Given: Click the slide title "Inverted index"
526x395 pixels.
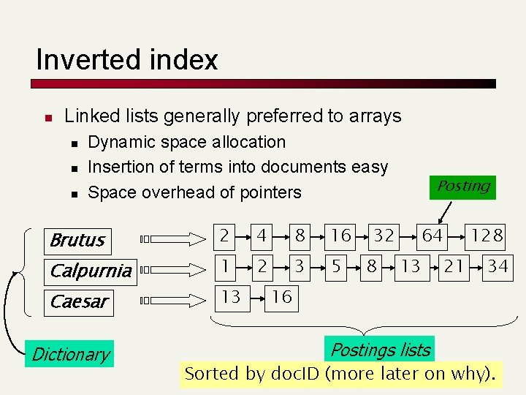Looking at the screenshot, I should click(x=126, y=59).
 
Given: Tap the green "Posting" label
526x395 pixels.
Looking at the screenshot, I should click(x=463, y=187).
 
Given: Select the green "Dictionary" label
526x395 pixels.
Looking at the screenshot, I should click(x=70, y=355).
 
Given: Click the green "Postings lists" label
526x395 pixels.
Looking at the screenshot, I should click(x=381, y=350).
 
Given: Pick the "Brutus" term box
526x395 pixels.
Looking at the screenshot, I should click(x=79, y=240).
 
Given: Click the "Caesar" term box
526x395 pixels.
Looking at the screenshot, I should click(x=79, y=301).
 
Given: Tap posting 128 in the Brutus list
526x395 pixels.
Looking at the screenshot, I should click(x=487, y=236).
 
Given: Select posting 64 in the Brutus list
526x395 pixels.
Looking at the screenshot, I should click(x=432, y=236).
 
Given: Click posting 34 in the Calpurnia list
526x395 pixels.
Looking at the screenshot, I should click(x=498, y=266).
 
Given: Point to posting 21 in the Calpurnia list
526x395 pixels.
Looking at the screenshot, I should click(x=454, y=266).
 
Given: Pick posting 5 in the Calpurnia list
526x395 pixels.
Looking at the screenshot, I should click(x=336, y=266).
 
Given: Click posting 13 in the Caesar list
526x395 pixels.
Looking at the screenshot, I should click(x=231, y=296).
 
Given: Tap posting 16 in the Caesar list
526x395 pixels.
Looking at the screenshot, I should click(x=281, y=296).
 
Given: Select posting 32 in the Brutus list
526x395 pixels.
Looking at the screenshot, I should click(x=384, y=236).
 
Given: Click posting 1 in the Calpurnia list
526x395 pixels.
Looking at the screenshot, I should click(x=226, y=266).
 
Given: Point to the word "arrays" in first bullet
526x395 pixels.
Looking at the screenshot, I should click(x=376, y=116).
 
